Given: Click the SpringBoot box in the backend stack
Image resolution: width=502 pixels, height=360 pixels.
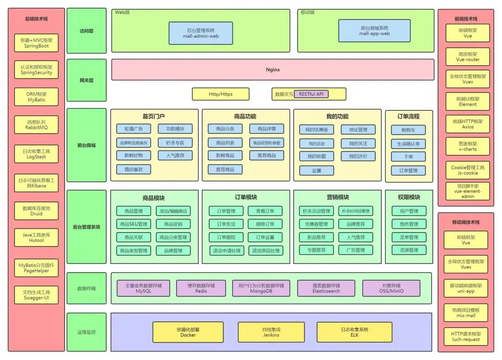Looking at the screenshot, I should coord(36,43).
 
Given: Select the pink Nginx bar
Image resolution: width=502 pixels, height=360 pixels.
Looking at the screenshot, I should coord(273,70).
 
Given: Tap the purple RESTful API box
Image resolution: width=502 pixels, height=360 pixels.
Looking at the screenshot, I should coord(311,94).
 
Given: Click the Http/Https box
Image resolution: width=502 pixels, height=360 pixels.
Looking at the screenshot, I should coord(220,94).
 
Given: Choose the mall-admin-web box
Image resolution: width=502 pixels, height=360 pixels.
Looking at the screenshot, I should coord(201,33).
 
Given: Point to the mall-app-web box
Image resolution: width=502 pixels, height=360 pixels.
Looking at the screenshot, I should coord(374,31).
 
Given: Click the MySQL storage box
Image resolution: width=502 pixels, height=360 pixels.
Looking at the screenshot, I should coord(143,288).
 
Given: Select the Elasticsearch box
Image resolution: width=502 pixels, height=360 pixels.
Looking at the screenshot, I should coord(326,288).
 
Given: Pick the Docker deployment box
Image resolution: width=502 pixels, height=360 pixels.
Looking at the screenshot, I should coord(188,332).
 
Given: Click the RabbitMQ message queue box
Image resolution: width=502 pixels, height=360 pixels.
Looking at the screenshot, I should coord(36,125).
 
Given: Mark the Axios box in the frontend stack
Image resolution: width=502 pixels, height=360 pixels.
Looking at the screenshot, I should coord(468,124).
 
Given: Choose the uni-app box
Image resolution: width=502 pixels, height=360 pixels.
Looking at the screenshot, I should coord(466,288).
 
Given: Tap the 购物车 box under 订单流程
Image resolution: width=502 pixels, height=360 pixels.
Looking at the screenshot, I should coord(408,130).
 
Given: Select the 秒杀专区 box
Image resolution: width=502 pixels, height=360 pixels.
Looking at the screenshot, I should coord(175,143).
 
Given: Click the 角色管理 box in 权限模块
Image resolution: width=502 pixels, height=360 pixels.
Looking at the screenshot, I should coord(408,224).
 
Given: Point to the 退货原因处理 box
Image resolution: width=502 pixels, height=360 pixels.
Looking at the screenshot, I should coord(265,251).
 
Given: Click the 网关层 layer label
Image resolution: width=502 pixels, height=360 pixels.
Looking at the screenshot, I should coord(86,80).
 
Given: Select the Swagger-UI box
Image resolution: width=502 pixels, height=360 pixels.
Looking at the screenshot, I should coord(36,295).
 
